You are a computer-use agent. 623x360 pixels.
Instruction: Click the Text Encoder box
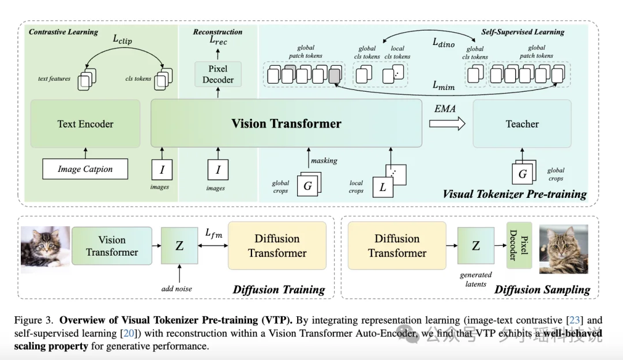tap(85, 123)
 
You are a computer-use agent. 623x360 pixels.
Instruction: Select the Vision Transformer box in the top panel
tap(286, 123)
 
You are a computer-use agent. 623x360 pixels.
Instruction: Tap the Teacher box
tap(522, 123)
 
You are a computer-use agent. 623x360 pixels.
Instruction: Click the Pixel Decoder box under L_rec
tap(218, 74)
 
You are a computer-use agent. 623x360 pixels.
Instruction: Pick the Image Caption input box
tap(85, 169)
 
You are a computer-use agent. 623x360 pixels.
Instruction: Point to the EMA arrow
tap(446, 123)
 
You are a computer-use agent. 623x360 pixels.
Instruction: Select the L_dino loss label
tap(444, 42)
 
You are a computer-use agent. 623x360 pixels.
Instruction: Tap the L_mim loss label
tap(444, 85)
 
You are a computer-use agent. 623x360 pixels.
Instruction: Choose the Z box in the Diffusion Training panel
tap(179, 246)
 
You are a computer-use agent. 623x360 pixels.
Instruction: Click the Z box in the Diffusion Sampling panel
tap(476, 246)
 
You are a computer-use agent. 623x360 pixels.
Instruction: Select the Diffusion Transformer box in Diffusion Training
tap(277, 246)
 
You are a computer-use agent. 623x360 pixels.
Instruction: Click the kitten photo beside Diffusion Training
tap(45, 249)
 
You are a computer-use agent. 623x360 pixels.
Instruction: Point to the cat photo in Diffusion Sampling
tap(564, 249)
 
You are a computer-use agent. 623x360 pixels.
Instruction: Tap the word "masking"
tap(324, 160)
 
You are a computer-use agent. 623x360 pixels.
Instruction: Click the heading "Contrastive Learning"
tap(63, 32)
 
